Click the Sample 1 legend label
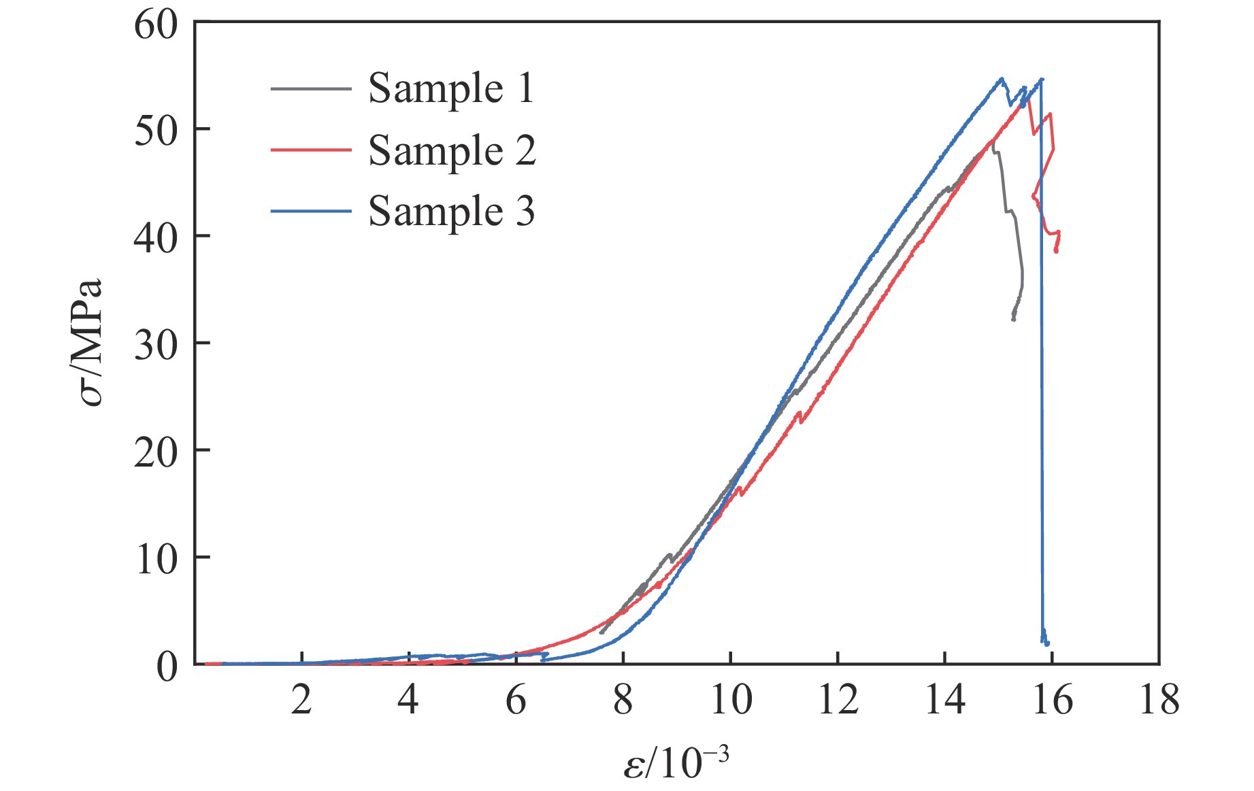[x=451, y=88]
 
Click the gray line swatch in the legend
[x=310, y=89]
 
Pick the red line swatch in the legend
[x=310, y=150]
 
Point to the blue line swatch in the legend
[x=310, y=211]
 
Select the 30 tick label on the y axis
[x=155, y=344]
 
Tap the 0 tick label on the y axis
[x=167, y=666]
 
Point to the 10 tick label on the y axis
[x=155, y=558]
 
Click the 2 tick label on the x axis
[x=301, y=700]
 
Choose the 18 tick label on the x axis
[x=1159, y=700]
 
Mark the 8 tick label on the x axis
[x=623, y=700]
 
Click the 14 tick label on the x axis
[x=945, y=700]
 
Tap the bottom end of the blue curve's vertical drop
[x=1046, y=643]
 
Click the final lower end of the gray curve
[x=1014, y=319]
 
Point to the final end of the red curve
[x=1056, y=252]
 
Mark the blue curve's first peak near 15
[x=1002, y=79]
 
